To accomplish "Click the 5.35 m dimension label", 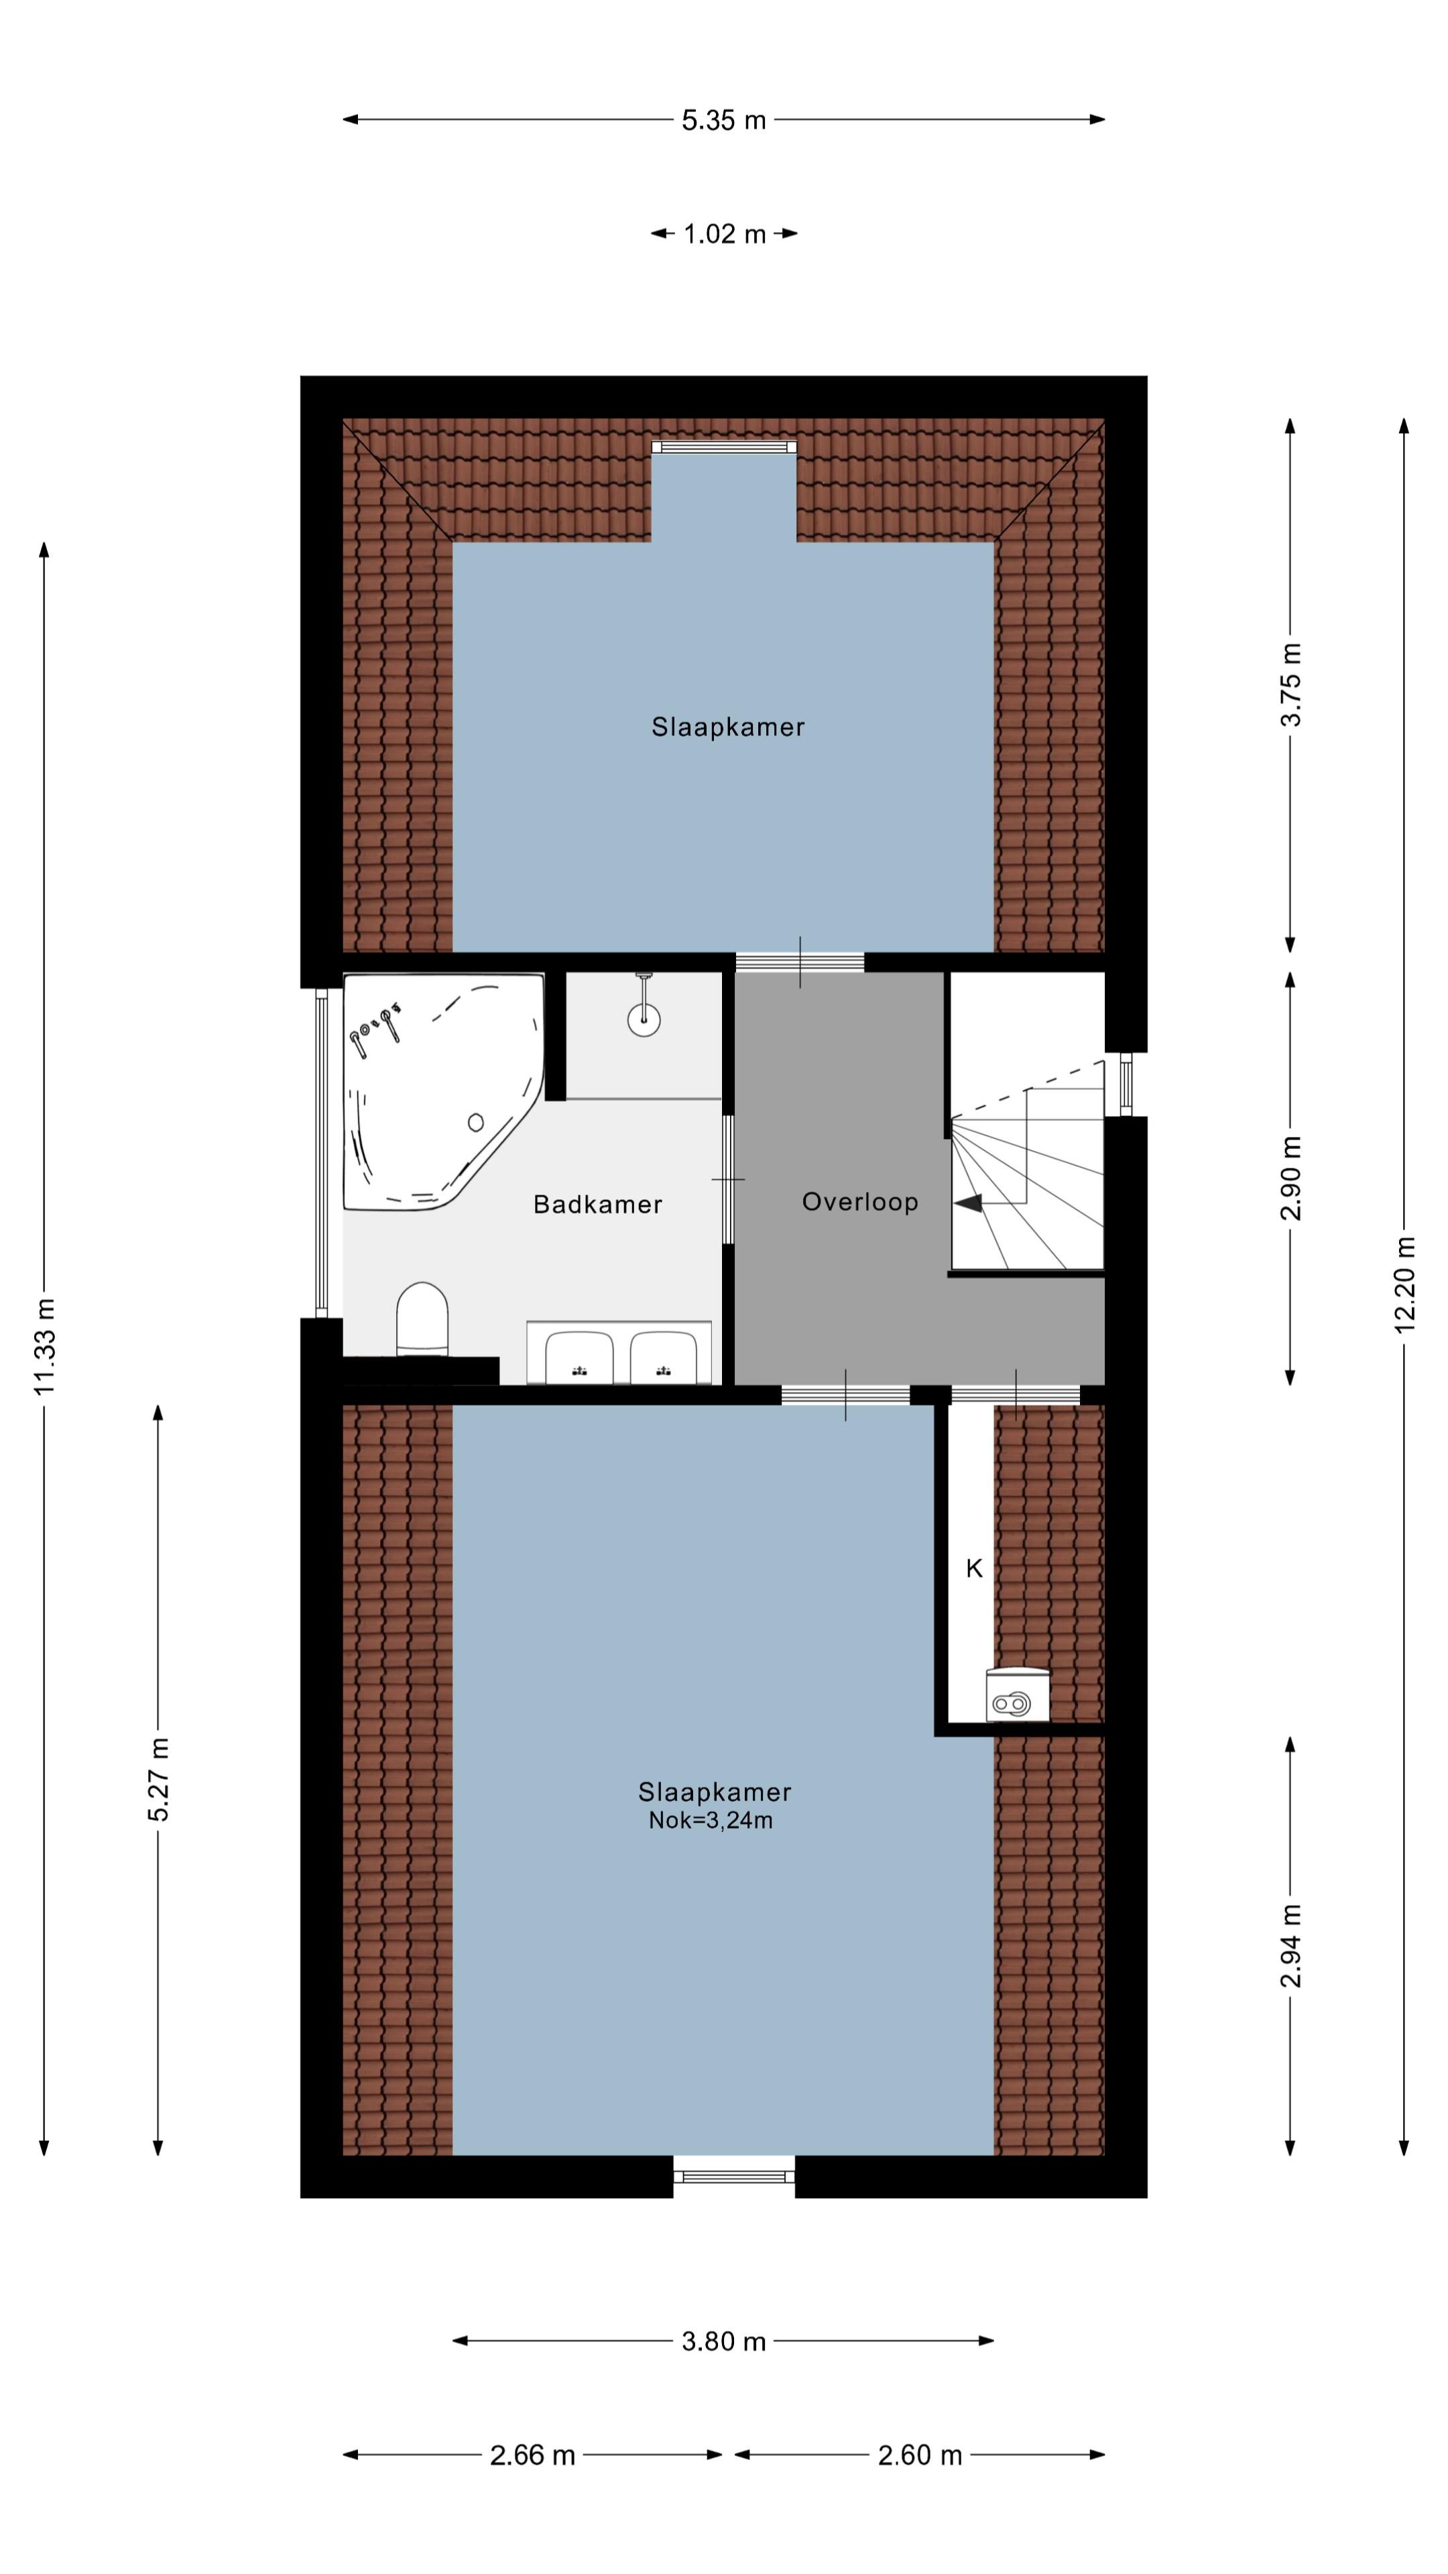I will point(723,121).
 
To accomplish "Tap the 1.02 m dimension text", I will point(723,235).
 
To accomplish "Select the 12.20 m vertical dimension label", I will point(1404,1285).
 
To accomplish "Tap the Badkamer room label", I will point(597,1204).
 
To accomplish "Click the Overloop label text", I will point(859,1201).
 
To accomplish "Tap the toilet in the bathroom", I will point(422,1319).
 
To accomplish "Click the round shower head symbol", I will point(644,1019).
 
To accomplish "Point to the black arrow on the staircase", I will point(968,1204).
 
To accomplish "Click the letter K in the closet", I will point(973,1569).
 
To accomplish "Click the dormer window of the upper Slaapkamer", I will point(723,446).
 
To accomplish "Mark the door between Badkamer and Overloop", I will point(727,1179).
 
